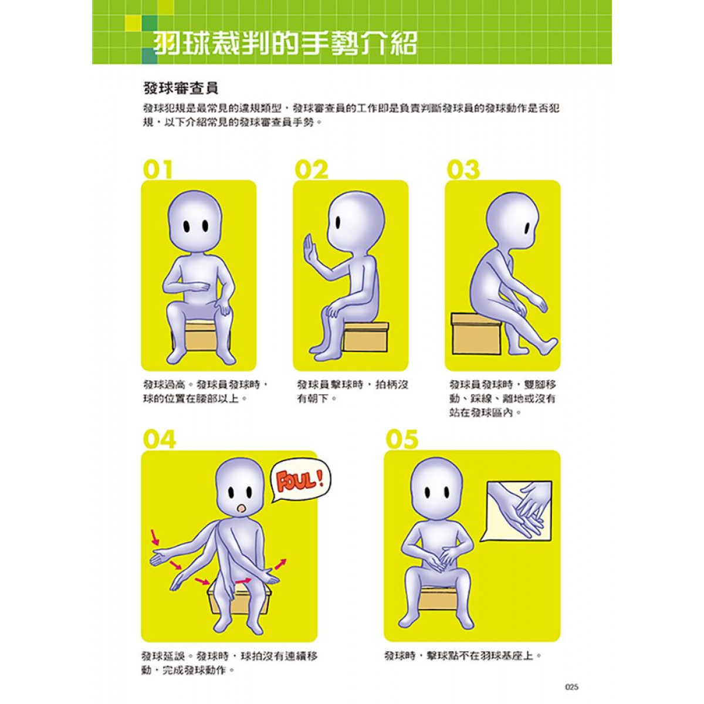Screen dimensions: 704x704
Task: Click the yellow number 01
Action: [157, 170]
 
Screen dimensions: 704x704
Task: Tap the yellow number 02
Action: [312, 170]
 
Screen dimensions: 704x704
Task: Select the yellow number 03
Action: [463, 170]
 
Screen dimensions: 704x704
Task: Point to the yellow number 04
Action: [160, 439]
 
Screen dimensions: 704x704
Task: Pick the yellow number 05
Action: [402, 439]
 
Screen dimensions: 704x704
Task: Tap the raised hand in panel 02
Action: [310, 250]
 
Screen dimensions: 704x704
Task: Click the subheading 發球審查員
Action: [180, 89]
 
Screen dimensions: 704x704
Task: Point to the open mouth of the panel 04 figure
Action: [241, 509]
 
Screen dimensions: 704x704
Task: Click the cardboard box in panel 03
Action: [475, 334]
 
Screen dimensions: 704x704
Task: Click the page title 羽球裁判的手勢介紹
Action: [285, 43]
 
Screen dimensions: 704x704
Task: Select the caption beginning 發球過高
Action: [206, 392]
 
